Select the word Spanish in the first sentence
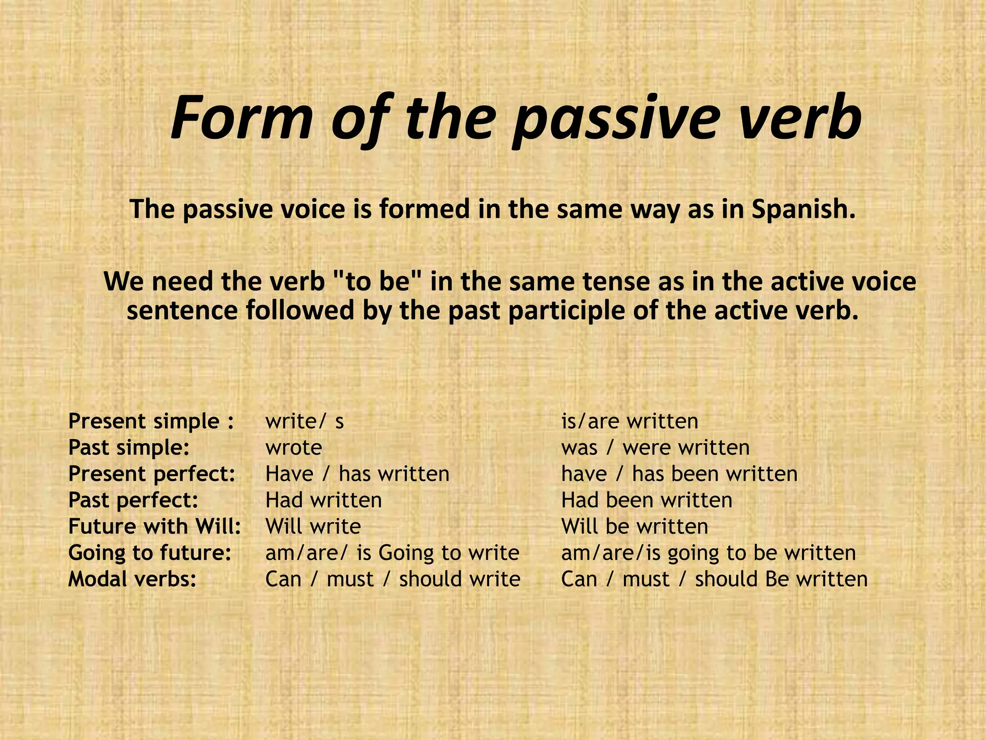click(x=803, y=209)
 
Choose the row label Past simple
click(x=129, y=448)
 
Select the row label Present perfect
click(x=152, y=474)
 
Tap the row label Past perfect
click(x=133, y=500)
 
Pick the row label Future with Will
click(x=155, y=526)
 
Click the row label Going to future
click(x=150, y=553)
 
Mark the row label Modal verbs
click(x=132, y=579)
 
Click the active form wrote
click(x=294, y=448)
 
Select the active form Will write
click(x=313, y=526)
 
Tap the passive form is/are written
click(x=629, y=422)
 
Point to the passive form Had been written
click(x=647, y=500)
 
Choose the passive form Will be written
click(x=635, y=526)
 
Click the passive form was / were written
click(x=655, y=448)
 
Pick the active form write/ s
click(x=304, y=422)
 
